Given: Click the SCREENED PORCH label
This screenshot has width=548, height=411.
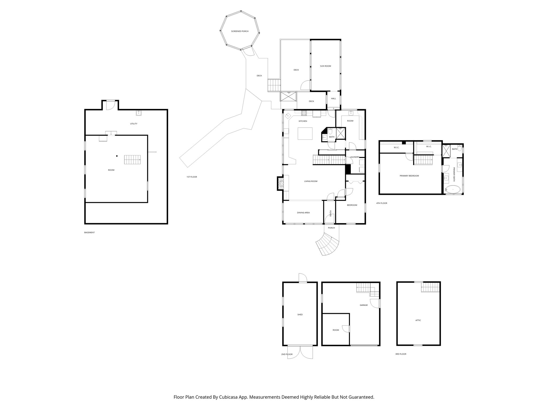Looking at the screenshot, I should (x=240, y=31).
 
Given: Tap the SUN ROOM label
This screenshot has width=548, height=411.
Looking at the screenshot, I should (x=325, y=66).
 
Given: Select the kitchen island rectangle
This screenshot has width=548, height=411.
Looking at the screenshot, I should (x=305, y=133).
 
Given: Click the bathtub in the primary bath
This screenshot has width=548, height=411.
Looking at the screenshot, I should (x=453, y=190).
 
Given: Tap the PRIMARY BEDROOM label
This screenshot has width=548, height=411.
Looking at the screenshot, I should (x=409, y=176).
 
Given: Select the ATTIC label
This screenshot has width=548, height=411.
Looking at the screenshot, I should (x=418, y=320).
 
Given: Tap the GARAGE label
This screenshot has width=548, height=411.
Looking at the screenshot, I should (x=364, y=305).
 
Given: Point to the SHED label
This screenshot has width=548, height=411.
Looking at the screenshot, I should (x=300, y=315).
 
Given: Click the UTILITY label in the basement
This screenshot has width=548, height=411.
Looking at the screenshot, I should (x=134, y=124).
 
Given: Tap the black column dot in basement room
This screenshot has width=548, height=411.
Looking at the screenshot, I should (x=117, y=156).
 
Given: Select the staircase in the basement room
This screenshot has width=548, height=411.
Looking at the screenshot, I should (x=132, y=160).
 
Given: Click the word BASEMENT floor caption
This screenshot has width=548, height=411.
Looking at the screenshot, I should (x=89, y=233).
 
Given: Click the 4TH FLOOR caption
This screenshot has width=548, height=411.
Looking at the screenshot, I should (x=382, y=203).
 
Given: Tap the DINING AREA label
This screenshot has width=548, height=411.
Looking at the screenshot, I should (x=303, y=213).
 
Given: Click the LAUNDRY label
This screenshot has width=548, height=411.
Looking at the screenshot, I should (x=355, y=157).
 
